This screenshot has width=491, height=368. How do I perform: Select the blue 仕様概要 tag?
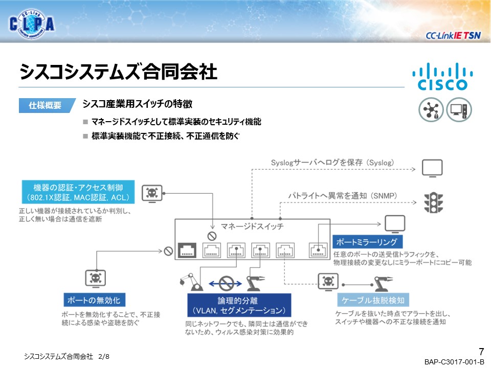(x=45, y=105)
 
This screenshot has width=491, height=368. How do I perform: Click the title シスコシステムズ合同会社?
(x=119, y=72)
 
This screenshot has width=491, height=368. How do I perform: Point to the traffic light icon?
(x=432, y=202)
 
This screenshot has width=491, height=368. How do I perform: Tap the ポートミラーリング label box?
(x=368, y=241)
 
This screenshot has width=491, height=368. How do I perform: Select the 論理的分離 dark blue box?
(x=239, y=305)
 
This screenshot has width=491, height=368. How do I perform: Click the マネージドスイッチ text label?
(x=252, y=225)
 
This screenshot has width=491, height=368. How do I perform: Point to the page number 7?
(x=481, y=351)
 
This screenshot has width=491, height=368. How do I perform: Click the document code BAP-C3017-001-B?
(x=454, y=362)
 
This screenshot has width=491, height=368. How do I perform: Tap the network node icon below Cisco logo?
(x=431, y=110)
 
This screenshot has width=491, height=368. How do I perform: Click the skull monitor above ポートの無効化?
(x=95, y=279)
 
